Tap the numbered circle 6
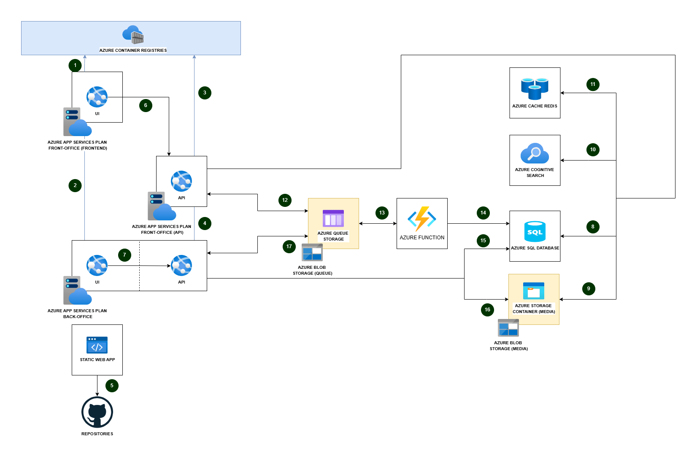[146, 105]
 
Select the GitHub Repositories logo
[97, 412]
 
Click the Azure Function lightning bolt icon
[422, 218]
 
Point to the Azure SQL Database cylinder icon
[535, 231]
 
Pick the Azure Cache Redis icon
[535, 88]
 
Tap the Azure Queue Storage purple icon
[333, 218]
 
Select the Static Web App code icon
[97, 345]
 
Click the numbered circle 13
[382, 213]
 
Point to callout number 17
[289, 246]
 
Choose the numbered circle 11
[593, 84]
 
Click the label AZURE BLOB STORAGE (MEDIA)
[508, 346]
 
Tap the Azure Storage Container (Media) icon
[533, 291]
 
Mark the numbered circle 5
[112, 386]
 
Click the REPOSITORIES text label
[97, 434]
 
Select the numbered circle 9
[589, 289]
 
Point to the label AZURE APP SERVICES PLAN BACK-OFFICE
[77, 314]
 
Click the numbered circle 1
[75, 65]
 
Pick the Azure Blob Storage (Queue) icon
[312, 252]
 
